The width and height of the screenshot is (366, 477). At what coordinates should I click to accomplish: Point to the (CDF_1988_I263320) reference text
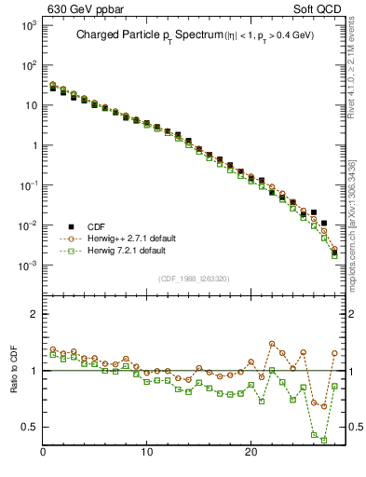pyautogui.click(x=194, y=278)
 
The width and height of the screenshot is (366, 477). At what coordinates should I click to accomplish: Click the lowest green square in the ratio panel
pyautogui.click(x=324, y=439)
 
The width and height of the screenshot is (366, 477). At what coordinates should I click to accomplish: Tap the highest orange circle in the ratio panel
pyautogui.click(x=272, y=344)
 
